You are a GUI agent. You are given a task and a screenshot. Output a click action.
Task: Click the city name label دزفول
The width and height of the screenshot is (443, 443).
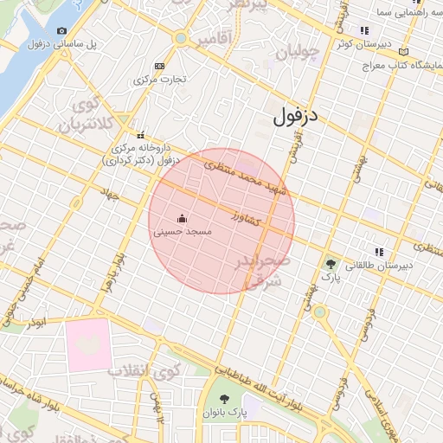tap(295, 116)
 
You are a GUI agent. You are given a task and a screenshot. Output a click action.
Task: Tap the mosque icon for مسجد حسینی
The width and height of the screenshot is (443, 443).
tap(182, 219)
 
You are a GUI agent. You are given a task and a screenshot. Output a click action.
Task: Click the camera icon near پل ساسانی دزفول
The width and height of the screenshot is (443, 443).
tap(62, 31)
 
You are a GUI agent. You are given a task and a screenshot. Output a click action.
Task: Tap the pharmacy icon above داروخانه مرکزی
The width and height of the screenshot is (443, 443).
tap(140, 134)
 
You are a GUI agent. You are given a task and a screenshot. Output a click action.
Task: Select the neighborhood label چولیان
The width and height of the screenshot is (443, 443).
tap(297, 54)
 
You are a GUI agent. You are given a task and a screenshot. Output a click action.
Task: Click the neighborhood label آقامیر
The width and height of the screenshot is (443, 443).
tap(215, 40)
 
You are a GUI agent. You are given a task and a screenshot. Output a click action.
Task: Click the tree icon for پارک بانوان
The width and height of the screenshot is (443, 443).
tap(225, 399)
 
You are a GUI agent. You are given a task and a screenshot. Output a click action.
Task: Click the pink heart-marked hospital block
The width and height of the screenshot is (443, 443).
tap(87, 344)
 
